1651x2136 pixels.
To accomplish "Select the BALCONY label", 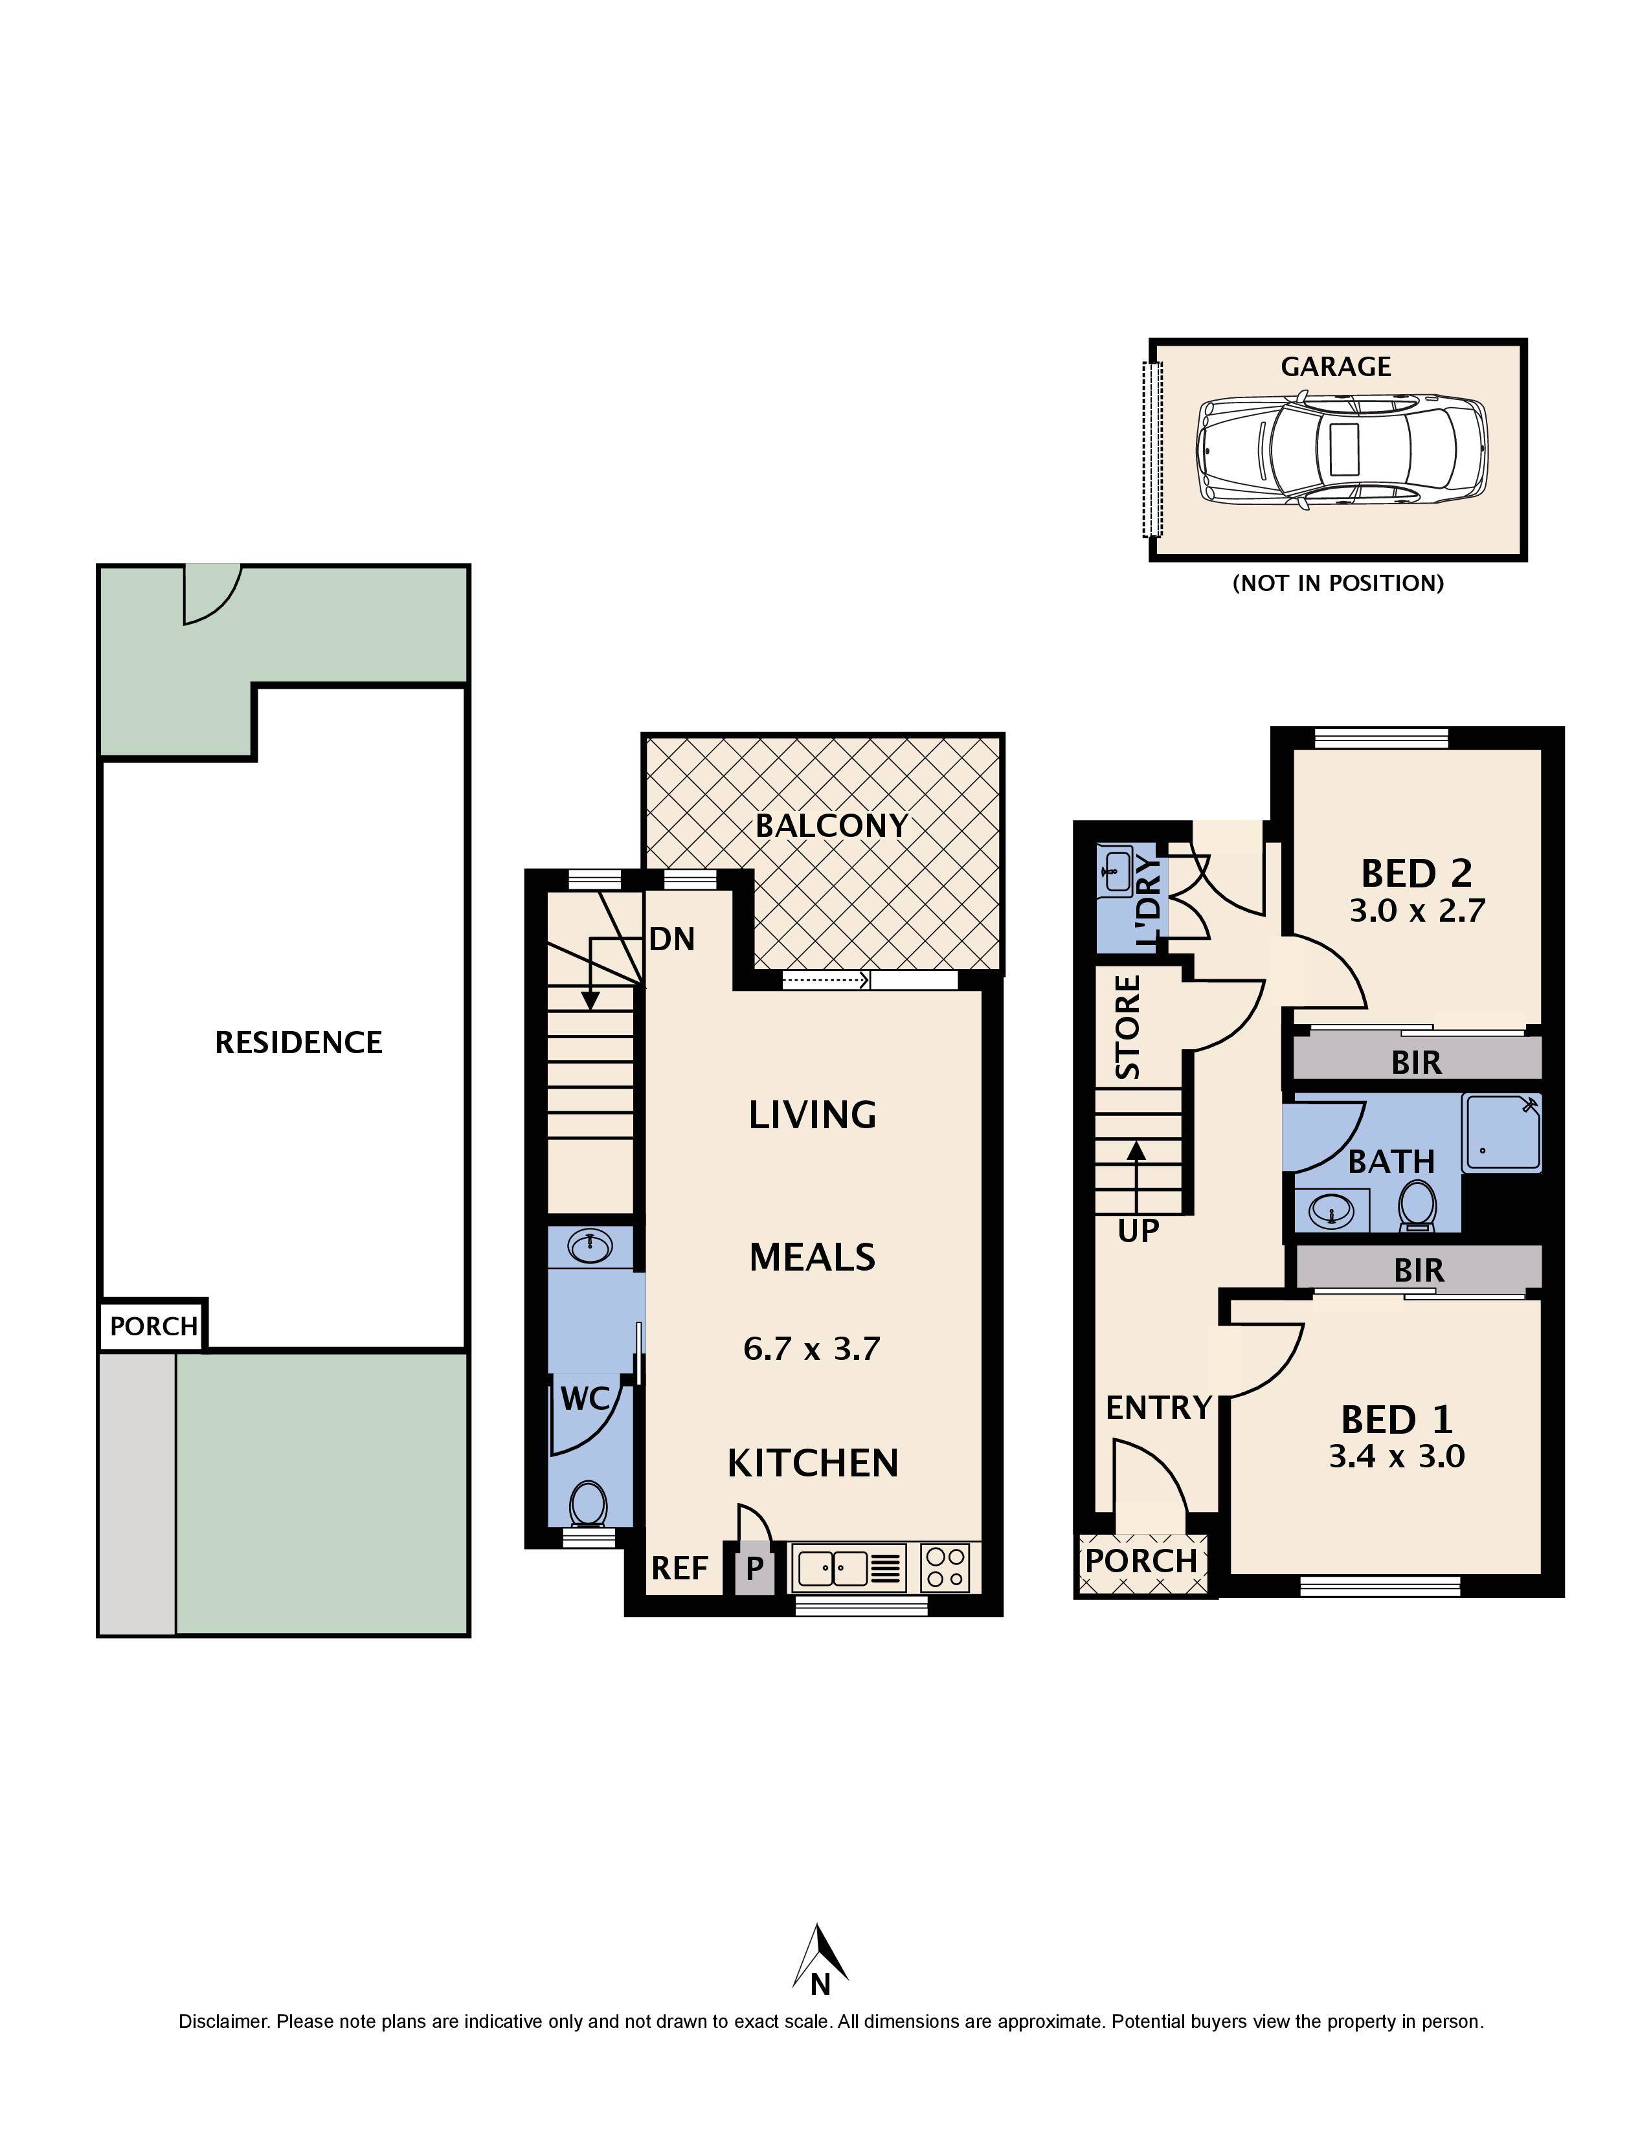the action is (831, 825).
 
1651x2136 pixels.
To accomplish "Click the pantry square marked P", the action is (754, 1569).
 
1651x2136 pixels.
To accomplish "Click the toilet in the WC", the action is (588, 1503).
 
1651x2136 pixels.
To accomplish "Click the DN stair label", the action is (672, 940).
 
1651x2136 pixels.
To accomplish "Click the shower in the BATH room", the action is (1501, 1133).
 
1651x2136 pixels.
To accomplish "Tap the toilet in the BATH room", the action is (1416, 1205).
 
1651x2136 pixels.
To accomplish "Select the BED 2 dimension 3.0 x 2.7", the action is (1417, 911).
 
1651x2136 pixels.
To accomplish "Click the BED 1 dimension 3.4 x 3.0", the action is (1397, 1456).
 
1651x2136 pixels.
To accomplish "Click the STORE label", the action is (1129, 1027).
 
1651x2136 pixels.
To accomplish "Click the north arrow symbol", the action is (820, 1956).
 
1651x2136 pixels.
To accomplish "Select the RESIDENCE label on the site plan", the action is (298, 1043).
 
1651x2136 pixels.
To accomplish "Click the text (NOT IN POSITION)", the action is (1338, 584).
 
